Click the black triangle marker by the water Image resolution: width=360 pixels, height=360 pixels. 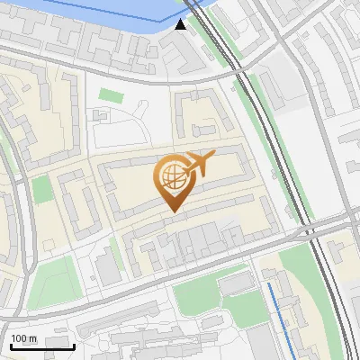182,24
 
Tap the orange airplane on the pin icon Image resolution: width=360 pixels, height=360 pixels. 199,164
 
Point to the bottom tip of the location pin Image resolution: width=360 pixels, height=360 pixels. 172,211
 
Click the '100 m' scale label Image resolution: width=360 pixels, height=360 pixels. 23,337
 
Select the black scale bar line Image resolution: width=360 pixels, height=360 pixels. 41,346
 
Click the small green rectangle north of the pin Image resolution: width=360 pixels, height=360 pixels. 110,94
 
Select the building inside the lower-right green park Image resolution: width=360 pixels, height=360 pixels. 236,284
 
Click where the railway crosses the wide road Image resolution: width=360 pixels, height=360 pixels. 310,229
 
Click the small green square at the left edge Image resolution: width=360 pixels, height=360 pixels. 41,189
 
